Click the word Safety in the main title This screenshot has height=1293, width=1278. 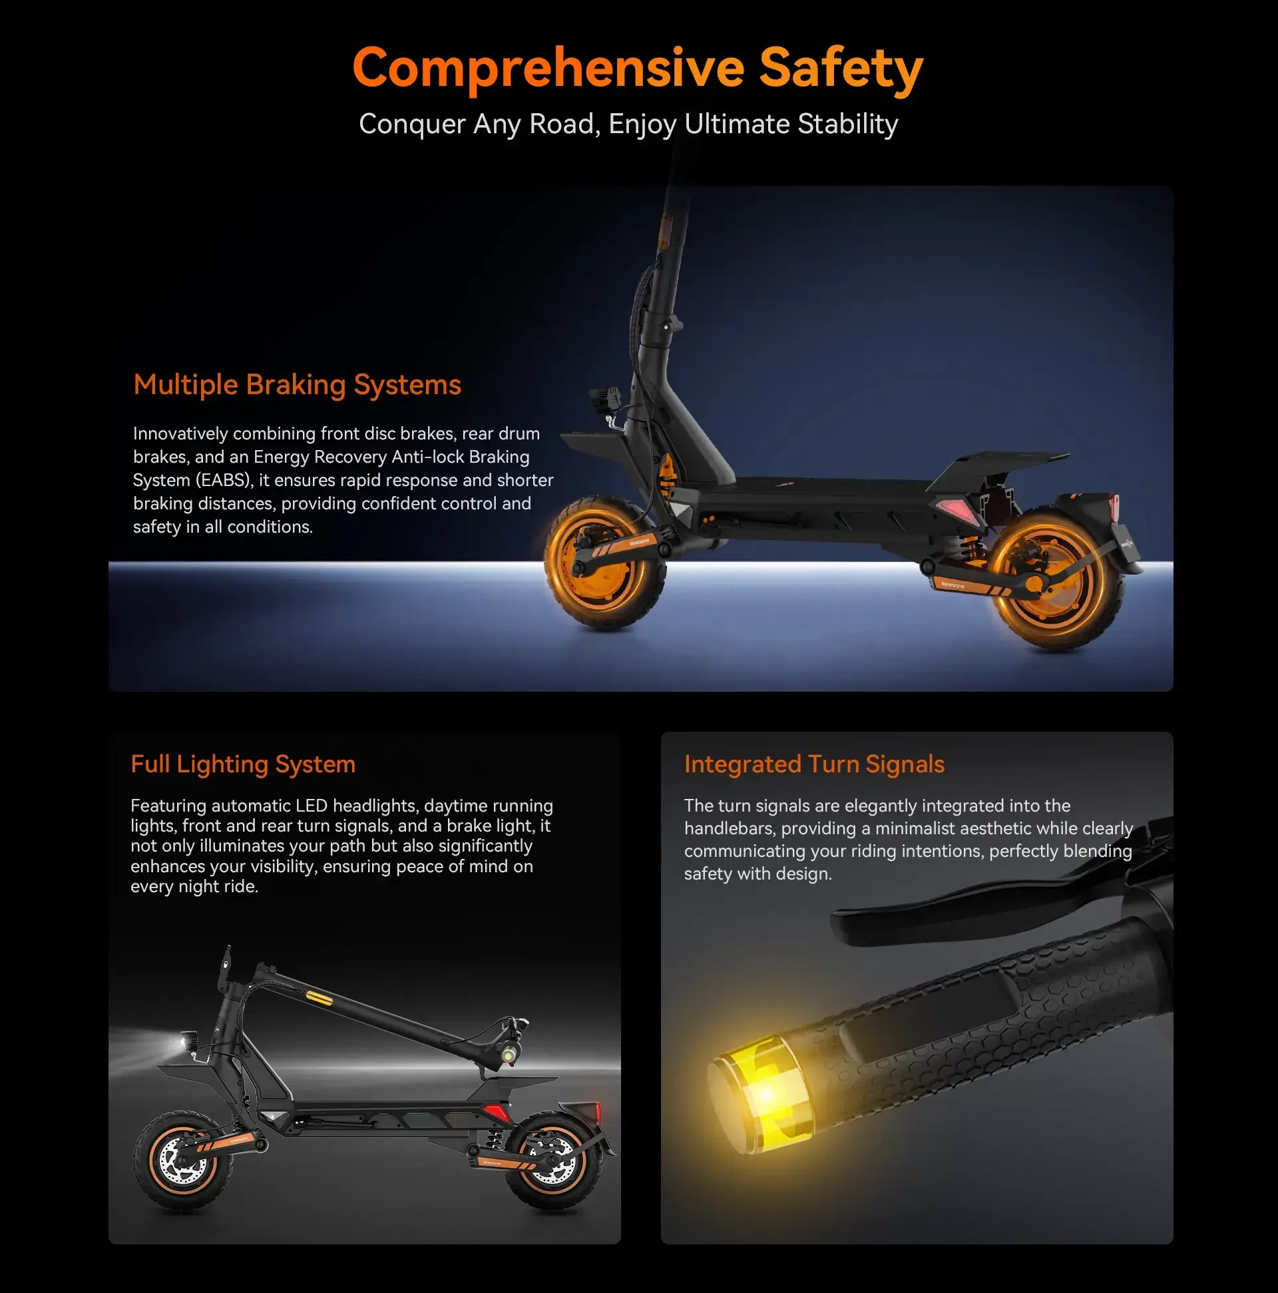(841, 68)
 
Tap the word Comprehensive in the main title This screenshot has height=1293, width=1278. (548, 69)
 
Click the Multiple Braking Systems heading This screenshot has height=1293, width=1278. (297, 385)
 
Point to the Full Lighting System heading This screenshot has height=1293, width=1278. (243, 764)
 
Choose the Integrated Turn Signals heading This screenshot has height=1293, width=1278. (814, 764)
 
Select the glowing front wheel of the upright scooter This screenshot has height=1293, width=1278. (606, 562)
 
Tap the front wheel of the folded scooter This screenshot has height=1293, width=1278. (182, 1161)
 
